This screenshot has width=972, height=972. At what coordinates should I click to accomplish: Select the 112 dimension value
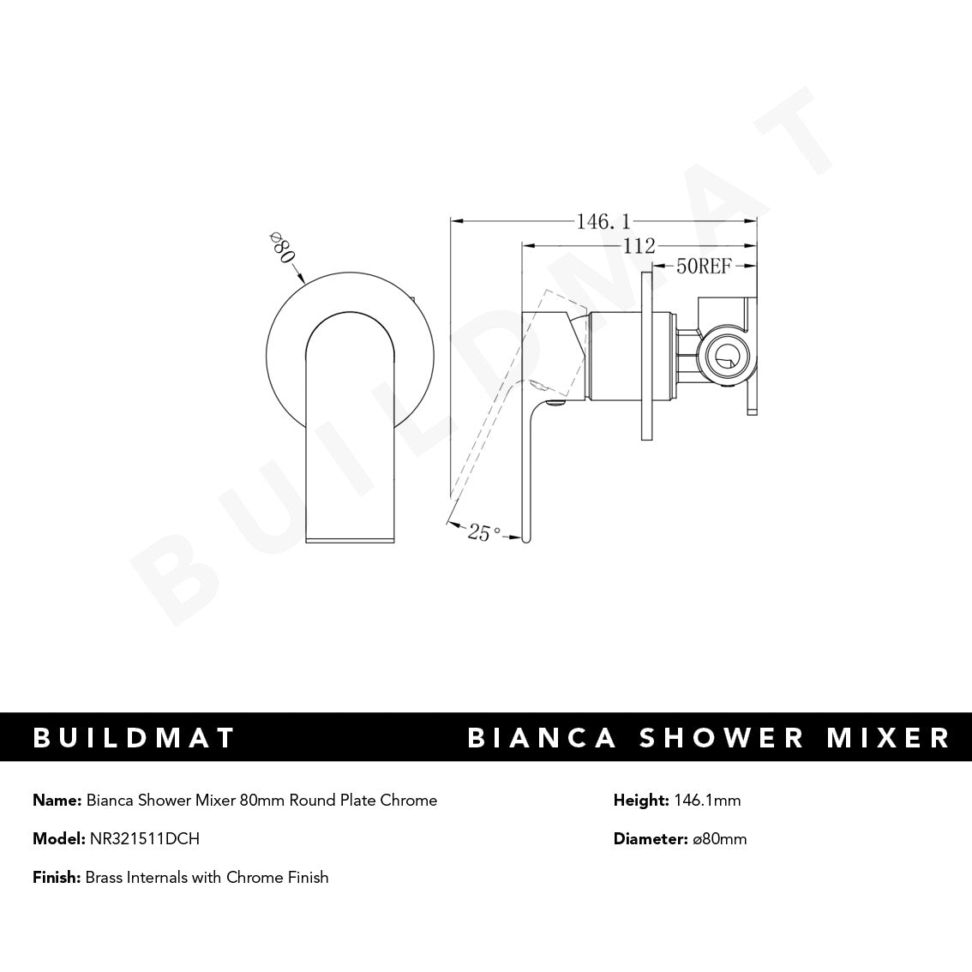pyautogui.click(x=638, y=246)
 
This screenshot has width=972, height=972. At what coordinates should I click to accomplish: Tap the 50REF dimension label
pyautogui.click(x=703, y=267)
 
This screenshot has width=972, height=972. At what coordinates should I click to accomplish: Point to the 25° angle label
pyautogui.click(x=483, y=533)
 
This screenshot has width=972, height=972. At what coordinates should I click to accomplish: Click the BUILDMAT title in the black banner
pyautogui.click(x=134, y=737)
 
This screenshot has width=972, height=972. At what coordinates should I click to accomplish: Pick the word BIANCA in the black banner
pyautogui.click(x=542, y=737)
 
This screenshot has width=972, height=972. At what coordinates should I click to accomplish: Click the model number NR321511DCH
pyautogui.click(x=144, y=838)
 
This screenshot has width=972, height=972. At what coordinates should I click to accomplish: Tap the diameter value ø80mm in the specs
pyautogui.click(x=718, y=838)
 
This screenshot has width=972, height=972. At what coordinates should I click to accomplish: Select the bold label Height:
pyautogui.click(x=640, y=800)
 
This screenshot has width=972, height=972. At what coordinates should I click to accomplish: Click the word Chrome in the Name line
pyautogui.click(x=411, y=800)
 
